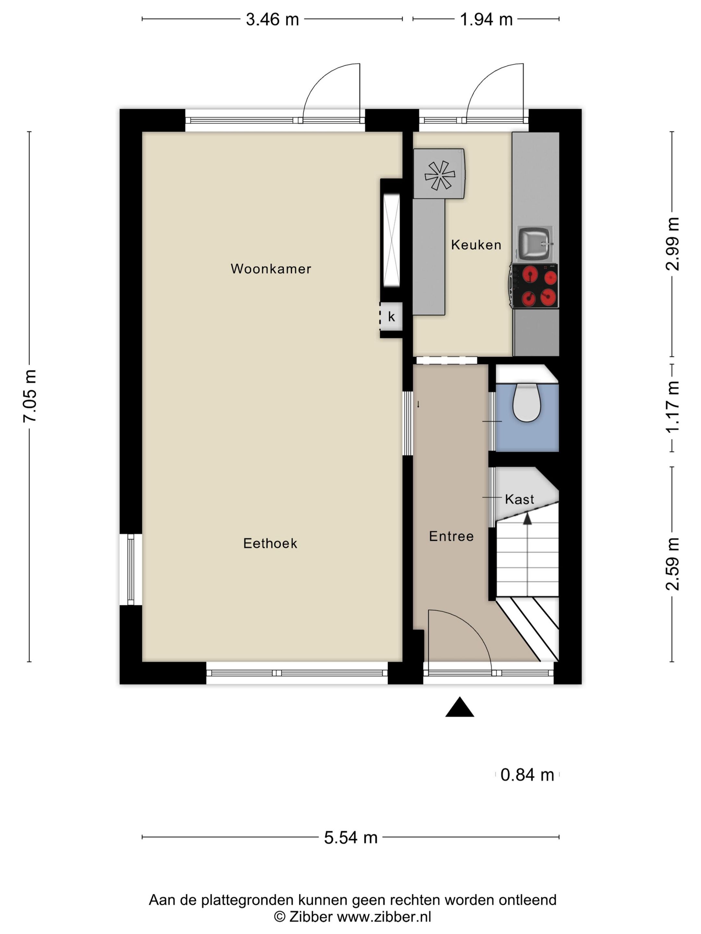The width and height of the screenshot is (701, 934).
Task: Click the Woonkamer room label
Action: click(x=271, y=269)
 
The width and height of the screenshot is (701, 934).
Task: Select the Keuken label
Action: click(x=476, y=245)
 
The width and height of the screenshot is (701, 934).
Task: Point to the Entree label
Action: click(x=451, y=536)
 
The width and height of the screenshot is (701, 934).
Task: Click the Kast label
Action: click(x=519, y=499)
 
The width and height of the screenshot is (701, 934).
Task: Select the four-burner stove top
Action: click(x=535, y=286)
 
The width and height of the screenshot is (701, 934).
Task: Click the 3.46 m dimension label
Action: click(x=273, y=19)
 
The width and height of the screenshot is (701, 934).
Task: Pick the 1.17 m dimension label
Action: click(x=672, y=406)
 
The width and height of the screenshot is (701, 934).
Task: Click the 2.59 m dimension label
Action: click(x=672, y=564)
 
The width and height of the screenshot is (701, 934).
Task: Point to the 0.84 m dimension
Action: click(x=527, y=775)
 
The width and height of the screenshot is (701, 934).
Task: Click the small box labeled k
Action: click(x=391, y=317)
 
